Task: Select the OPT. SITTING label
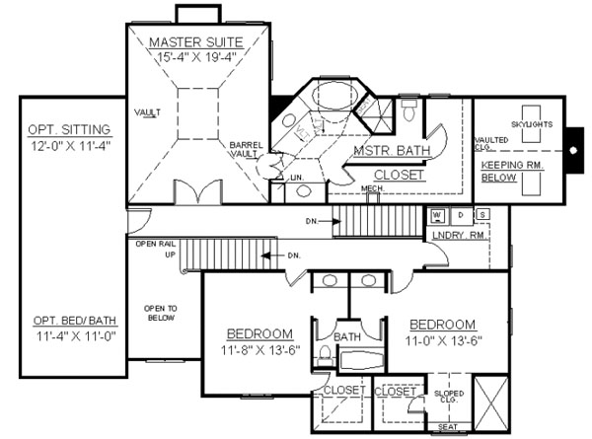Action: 69,130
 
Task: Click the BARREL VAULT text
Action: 246,149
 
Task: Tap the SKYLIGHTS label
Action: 532,125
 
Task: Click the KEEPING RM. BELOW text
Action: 509,173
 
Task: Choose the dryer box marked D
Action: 460,214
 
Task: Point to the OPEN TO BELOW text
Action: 160,313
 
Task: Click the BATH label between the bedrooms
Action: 348,336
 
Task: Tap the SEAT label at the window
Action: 448,426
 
